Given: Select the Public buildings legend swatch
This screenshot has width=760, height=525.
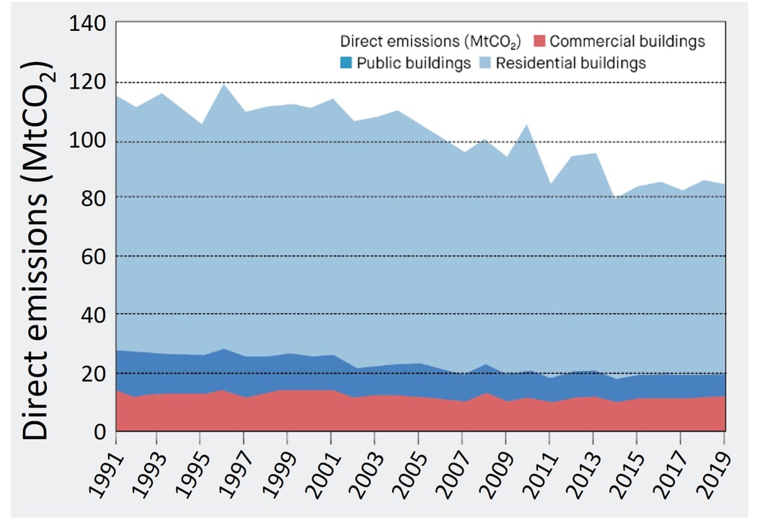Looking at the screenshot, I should [345, 63].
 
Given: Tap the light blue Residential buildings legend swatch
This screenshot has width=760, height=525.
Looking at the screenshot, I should [482, 63].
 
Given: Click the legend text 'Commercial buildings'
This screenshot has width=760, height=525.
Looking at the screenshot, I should [627, 42].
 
